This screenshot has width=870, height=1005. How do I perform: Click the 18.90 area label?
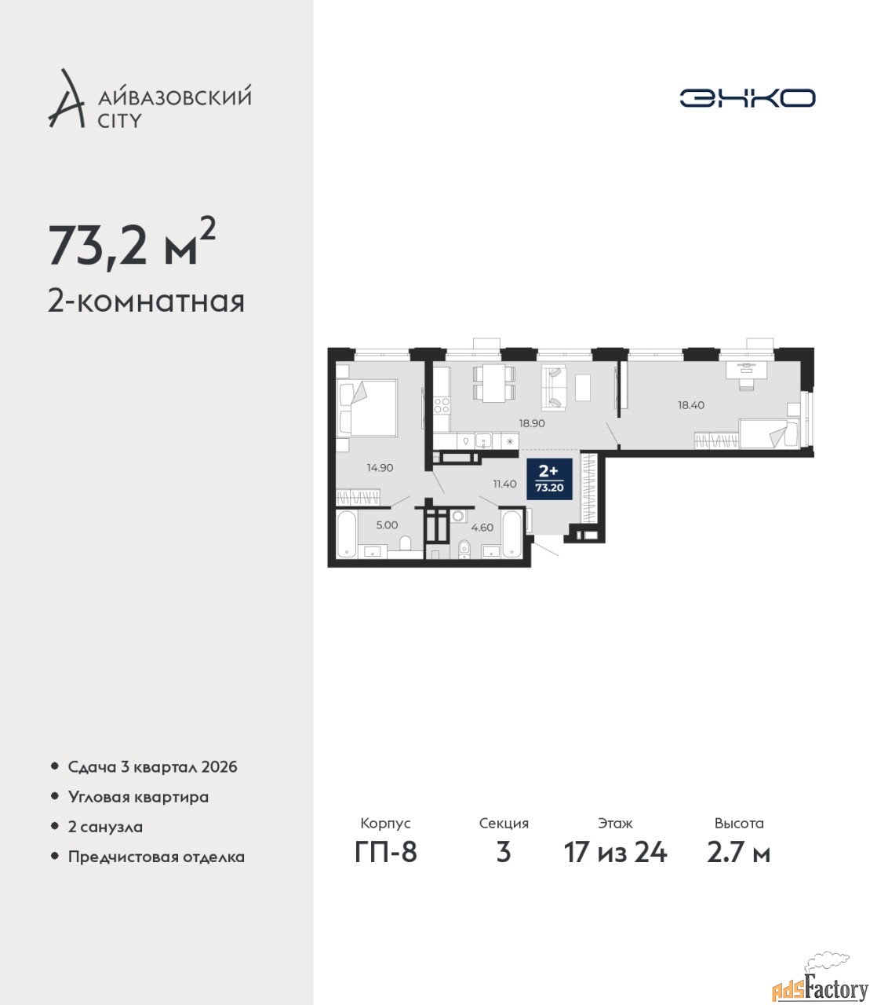click(531, 423)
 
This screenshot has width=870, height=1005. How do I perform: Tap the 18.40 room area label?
click(691, 404)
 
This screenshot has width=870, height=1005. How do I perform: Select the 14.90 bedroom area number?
click(380, 468)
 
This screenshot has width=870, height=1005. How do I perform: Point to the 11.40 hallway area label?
click(504, 484)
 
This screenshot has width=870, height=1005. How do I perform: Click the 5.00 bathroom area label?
click(388, 525)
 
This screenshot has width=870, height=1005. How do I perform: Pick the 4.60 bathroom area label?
click(482, 528)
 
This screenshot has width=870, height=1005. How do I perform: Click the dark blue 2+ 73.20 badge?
click(549, 478)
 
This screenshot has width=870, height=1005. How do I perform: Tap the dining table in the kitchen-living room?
click(493, 383)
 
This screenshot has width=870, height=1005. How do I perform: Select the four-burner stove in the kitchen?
click(442, 405)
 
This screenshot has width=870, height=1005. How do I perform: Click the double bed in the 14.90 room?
click(368, 407)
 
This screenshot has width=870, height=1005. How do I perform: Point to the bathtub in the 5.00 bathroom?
click(347, 533)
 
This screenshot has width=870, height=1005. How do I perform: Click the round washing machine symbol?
click(457, 516)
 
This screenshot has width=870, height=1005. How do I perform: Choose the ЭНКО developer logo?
click(747, 97)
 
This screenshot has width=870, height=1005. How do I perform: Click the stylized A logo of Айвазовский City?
click(66, 98)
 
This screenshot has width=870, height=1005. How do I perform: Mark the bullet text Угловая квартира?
click(138, 798)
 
